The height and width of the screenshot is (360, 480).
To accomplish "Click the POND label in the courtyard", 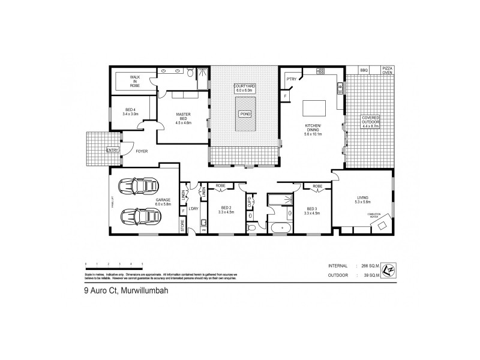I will (245, 114).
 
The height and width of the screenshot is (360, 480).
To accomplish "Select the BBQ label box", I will (364, 70).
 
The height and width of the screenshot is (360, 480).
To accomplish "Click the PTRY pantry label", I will (292, 79).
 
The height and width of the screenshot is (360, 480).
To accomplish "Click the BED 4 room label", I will (130, 111).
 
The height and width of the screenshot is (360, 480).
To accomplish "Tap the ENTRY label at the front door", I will (112, 150).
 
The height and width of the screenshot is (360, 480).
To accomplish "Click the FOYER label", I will (142, 151).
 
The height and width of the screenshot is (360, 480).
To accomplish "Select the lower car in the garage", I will (139, 215).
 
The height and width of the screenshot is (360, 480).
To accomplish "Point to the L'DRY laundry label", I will (194, 208).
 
